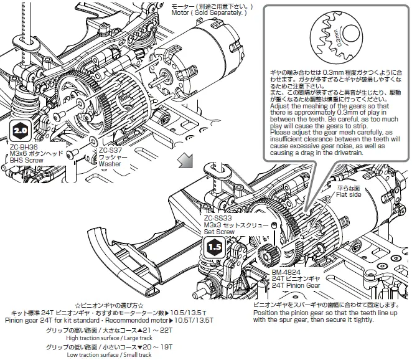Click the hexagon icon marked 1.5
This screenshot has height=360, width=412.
pyautogui.click(x=215, y=246)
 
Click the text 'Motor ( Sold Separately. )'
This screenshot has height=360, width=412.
pyautogui.click(x=208, y=13)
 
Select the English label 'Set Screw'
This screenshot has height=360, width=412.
pyautogui.click(x=220, y=232)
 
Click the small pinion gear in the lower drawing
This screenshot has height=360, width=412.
pyautogui.click(x=272, y=253)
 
